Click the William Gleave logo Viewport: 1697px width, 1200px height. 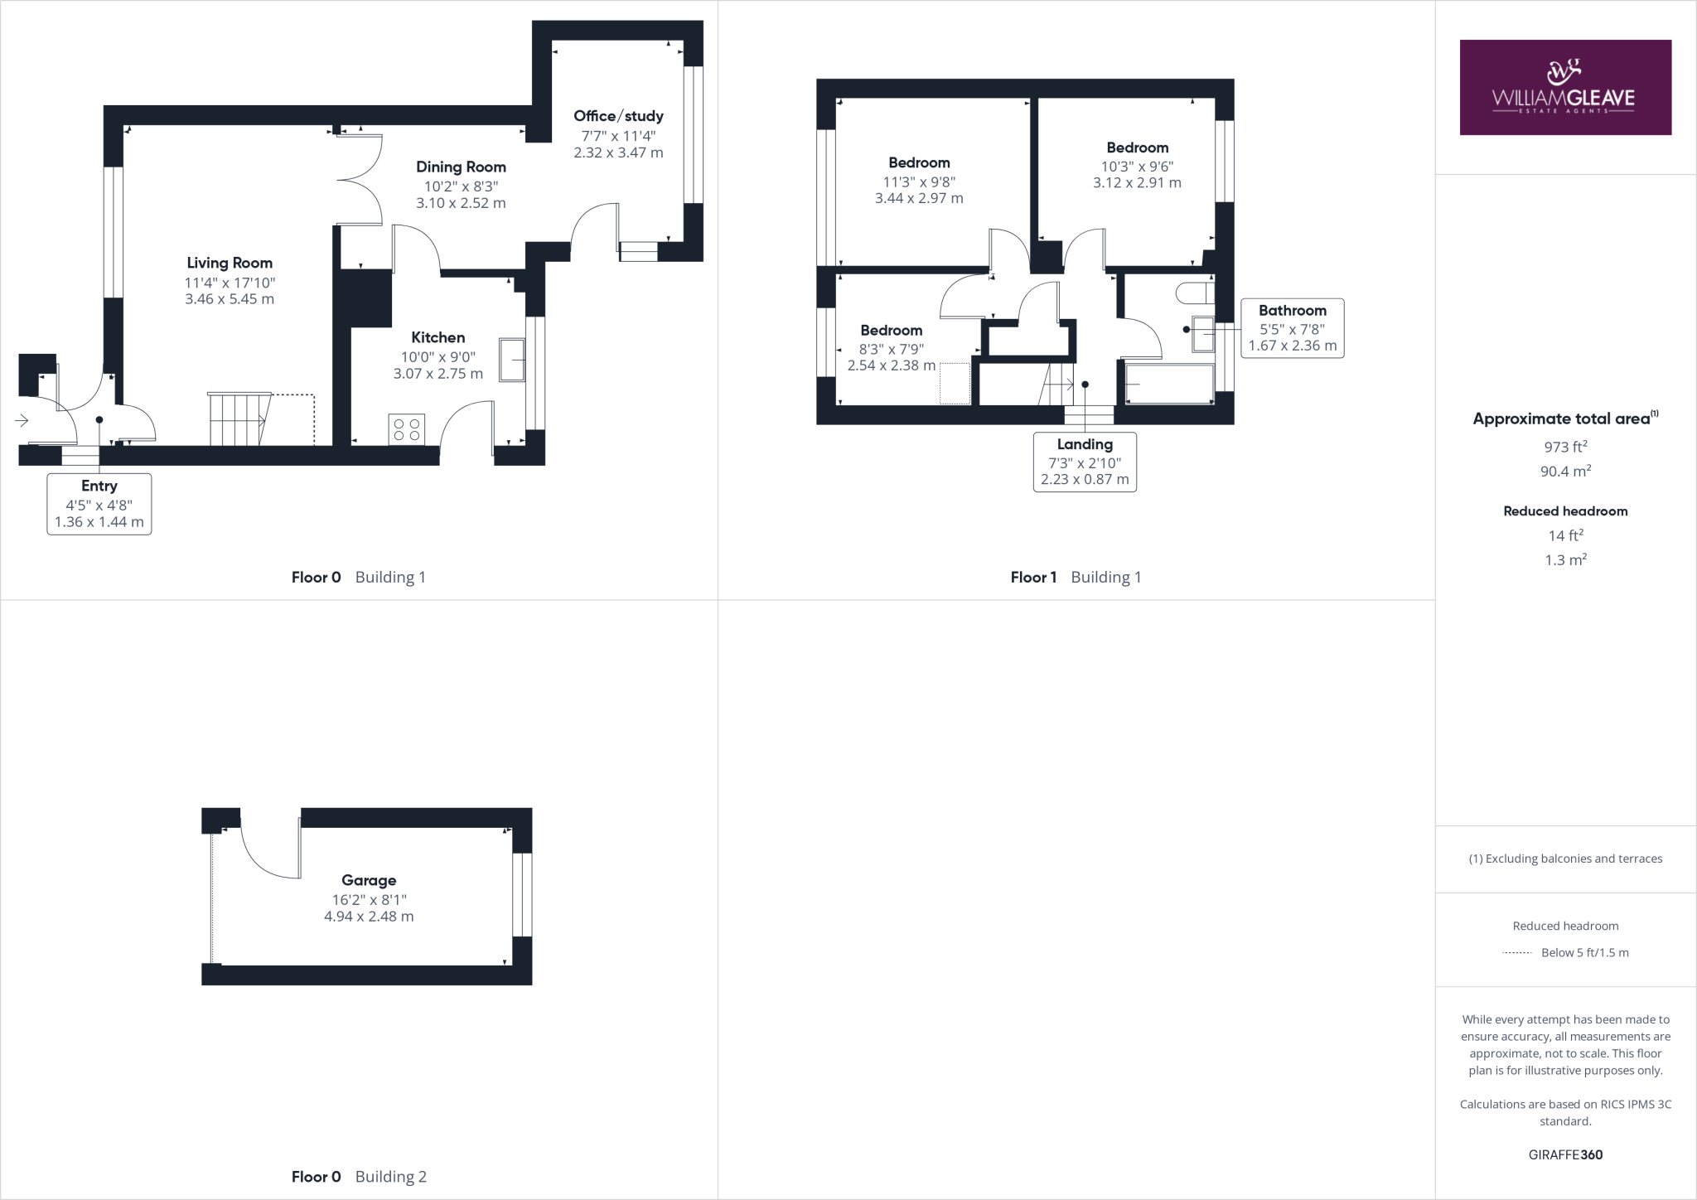click(x=1564, y=87)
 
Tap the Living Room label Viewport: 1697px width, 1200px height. click(x=230, y=263)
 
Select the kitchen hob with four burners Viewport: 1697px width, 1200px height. click(x=407, y=429)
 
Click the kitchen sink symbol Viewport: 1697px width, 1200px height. click(x=512, y=360)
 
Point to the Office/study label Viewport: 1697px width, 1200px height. click(x=618, y=116)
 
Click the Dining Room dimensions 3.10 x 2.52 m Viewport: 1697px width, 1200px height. click(x=461, y=203)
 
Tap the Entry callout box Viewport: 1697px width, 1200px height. click(x=99, y=504)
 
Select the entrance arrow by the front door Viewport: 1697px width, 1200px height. click(x=22, y=421)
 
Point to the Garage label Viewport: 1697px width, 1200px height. click(x=369, y=880)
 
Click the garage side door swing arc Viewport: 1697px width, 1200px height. click(x=267, y=854)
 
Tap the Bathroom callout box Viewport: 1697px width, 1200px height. click(x=1292, y=328)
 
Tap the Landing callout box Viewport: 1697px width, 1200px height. click(x=1085, y=462)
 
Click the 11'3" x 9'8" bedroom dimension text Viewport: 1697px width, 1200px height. click(x=919, y=181)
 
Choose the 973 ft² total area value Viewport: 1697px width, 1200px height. click(x=1565, y=447)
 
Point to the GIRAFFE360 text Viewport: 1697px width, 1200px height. click(x=1565, y=1154)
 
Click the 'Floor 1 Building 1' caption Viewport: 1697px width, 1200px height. click(x=1076, y=578)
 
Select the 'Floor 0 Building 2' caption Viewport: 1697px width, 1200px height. click(x=359, y=1177)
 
